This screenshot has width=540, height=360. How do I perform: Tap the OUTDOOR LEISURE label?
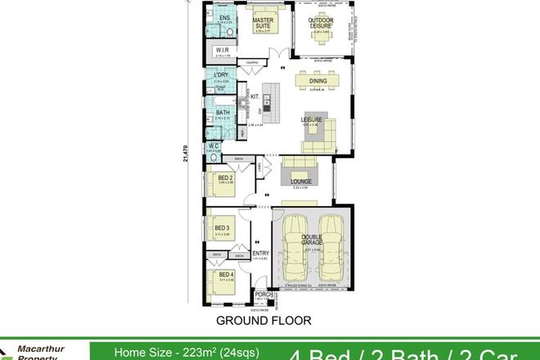click(x=320, y=24)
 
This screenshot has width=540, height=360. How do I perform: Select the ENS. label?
click(x=224, y=17)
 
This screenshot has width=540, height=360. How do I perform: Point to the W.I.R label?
click(x=222, y=50)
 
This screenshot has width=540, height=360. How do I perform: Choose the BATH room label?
click(x=222, y=112)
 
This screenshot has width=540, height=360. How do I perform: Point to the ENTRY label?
click(x=261, y=254)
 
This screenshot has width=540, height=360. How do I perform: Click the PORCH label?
click(x=263, y=295)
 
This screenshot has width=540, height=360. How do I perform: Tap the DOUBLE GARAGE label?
click(x=312, y=241)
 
